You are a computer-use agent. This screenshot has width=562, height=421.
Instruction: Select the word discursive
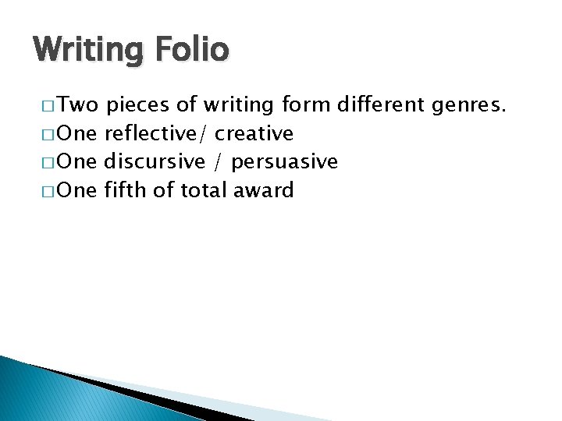[153, 161]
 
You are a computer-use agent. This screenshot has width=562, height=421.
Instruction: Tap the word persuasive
[285, 161]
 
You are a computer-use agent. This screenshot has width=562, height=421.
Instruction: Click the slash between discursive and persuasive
[215, 162]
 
